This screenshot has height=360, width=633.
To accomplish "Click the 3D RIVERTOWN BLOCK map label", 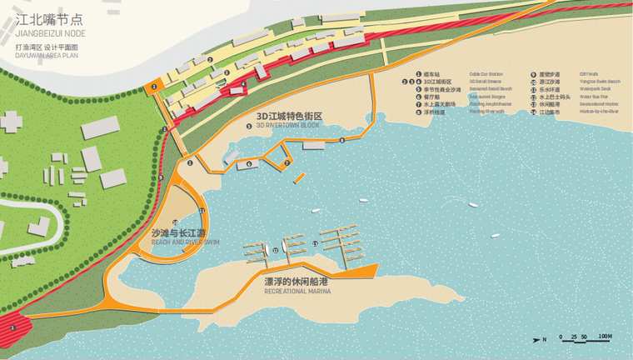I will (289, 126).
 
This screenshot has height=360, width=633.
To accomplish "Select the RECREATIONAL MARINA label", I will (296, 292).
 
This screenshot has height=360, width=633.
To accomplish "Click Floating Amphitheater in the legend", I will (490, 103).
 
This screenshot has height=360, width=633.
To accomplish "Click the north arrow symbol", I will (540, 339).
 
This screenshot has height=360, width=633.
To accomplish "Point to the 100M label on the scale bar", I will (605, 336).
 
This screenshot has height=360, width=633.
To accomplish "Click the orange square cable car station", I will (152, 87).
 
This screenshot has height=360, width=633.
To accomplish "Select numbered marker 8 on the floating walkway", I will (341, 140).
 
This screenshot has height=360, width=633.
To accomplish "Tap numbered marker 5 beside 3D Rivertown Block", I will (248, 126).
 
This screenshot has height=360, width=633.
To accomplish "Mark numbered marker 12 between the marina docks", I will (275, 249).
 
